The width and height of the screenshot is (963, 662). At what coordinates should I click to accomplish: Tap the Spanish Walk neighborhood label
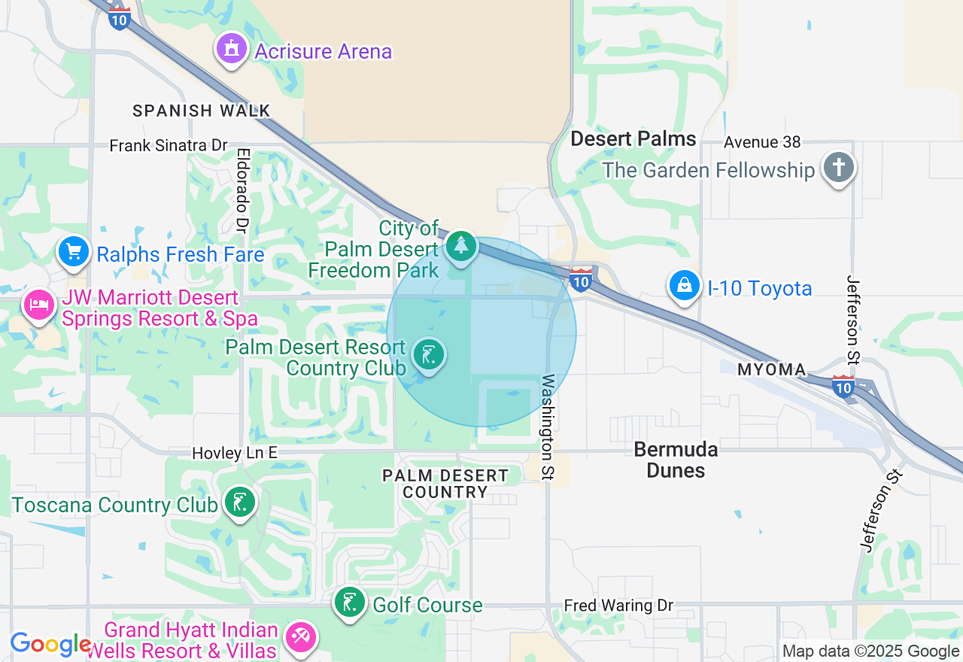[201, 111]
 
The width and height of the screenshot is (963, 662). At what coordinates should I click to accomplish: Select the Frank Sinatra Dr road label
[168, 145]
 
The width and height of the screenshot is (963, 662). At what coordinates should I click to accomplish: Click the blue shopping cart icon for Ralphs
[74, 251]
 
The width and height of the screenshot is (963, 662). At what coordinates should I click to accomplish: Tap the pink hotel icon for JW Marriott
[39, 305]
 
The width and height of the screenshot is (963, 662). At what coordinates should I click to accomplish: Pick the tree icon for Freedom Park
[461, 246]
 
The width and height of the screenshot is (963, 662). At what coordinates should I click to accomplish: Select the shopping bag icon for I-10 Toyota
[685, 286]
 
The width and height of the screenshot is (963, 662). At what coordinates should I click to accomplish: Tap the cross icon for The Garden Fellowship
[839, 167]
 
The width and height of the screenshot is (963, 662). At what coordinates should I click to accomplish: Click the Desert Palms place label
[633, 139]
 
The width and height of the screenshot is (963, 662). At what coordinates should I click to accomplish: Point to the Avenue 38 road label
[763, 142]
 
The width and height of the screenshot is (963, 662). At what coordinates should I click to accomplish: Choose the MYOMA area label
[771, 370]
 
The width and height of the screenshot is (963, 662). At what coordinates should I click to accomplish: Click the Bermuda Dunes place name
[676, 460]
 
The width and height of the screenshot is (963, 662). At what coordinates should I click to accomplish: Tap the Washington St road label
[548, 427]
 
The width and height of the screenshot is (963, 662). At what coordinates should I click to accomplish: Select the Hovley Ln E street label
[235, 453]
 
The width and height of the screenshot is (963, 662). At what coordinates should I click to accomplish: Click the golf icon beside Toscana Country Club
[240, 502]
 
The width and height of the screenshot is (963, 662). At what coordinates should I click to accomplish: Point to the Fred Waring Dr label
[618, 606]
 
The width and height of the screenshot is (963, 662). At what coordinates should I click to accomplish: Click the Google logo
[50, 644]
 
